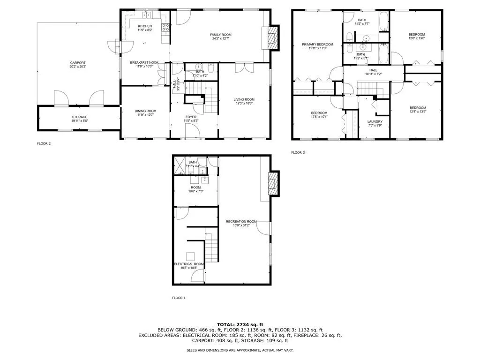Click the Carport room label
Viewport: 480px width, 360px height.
point(78,63)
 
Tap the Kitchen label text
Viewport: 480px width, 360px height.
point(144,26)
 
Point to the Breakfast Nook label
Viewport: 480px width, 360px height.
point(144,62)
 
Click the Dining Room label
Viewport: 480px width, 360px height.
point(145,111)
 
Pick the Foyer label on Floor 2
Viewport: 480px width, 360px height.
point(191,117)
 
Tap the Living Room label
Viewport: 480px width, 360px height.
point(244,99)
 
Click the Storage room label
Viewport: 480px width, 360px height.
point(79,117)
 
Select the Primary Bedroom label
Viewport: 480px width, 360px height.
point(317,45)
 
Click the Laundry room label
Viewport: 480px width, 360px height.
point(375,121)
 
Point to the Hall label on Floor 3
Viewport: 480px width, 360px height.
point(373,70)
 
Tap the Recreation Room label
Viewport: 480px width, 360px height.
point(241,221)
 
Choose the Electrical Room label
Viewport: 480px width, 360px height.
point(189,264)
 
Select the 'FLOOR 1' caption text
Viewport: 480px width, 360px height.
point(179,298)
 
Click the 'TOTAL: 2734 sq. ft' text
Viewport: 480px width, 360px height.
point(240,324)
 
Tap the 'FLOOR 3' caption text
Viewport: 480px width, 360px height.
point(298,152)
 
